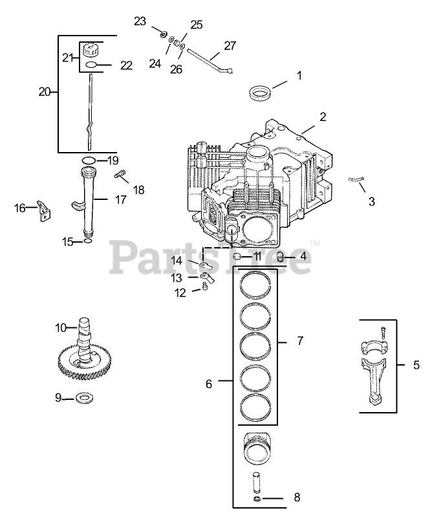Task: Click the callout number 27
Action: pyautogui.click(x=230, y=46)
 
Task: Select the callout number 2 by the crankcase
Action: pyautogui.click(x=322, y=117)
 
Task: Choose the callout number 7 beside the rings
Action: pyautogui.click(x=299, y=340)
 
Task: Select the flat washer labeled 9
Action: pyautogui.click(x=83, y=397)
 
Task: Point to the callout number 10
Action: pyautogui.click(x=61, y=328)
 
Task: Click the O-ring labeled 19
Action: pyautogui.click(x=89, y=160)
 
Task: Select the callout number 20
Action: pyautogui.click(x=44, y=92)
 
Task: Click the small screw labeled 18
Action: pyautogui.click(x=120, y=175)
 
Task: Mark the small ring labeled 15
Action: pyautogui.click(x=87, y=242)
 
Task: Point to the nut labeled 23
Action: pyautogui.click(x=163, y=32)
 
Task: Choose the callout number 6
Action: pyautogui.click(x=209, y=384)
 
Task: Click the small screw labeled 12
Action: pyautogui.click(x=205, y=289)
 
